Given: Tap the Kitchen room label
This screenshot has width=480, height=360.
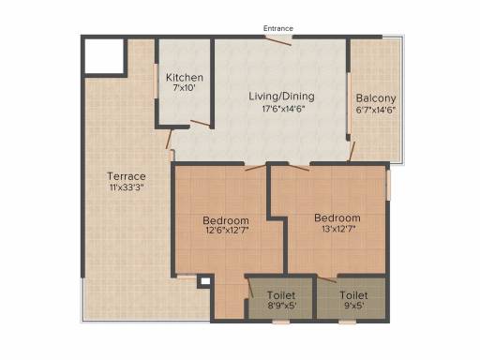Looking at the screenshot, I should (x=185, y=77).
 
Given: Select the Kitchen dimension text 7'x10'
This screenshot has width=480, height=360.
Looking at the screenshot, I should (x=185, y=89).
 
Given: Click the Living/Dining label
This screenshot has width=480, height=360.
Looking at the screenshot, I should (x=280, y=96).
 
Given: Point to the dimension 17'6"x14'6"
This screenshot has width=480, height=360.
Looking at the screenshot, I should (x=280, y=108).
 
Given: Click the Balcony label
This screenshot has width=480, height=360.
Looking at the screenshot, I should (x=376, y=97).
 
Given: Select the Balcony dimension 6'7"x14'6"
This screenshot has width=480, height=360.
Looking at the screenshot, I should (x=376, y=110).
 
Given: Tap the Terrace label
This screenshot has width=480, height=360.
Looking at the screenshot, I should (x=126, y=175).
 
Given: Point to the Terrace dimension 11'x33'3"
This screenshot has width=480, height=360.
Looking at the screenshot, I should (x=126, y=187).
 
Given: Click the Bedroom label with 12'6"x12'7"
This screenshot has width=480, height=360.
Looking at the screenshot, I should (x=226, y=221).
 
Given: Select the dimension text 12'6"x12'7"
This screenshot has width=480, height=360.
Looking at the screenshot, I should (x=226, y=233).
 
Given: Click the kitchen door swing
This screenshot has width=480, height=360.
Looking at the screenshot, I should (x=199, y=122).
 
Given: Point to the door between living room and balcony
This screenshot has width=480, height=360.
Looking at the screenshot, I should (x=352, y=150).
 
